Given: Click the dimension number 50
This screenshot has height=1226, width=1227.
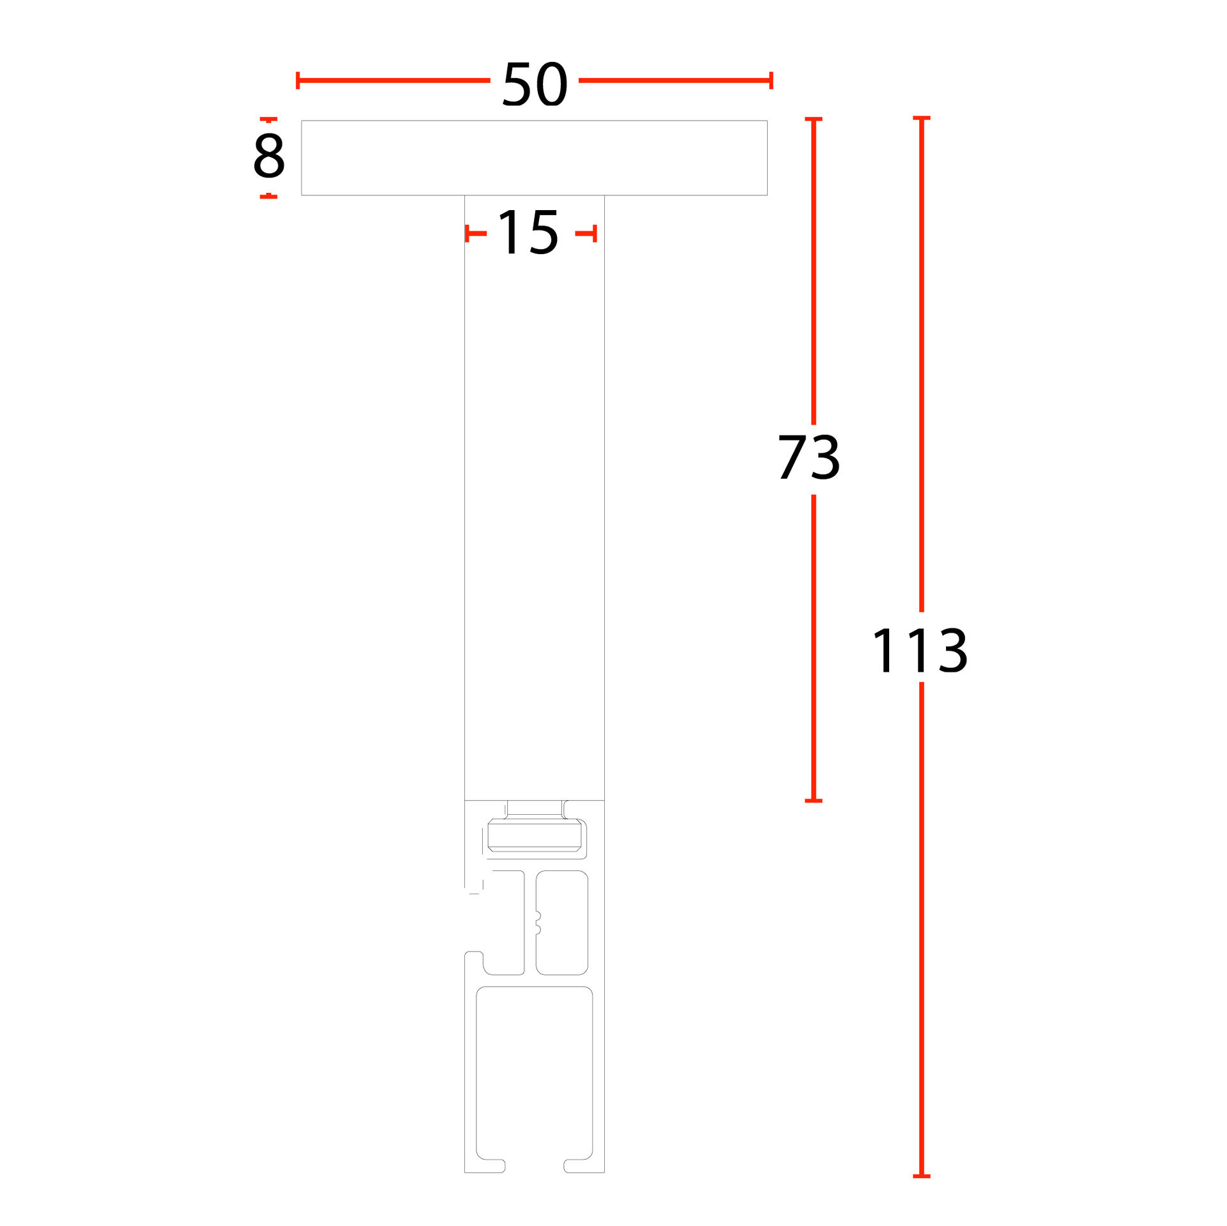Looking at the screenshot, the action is pos(535,84).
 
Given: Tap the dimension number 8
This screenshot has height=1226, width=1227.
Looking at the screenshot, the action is pos(269,156).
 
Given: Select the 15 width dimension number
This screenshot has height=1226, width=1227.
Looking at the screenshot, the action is pos(528,233).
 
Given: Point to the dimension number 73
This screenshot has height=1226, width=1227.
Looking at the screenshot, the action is pos(809,457).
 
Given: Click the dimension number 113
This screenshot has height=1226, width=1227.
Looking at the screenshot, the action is pos(920,650).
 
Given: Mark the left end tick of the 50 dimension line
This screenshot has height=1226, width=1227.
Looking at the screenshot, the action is pos(298,80).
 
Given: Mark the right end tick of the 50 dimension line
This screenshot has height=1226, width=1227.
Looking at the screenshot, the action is pos(772,80).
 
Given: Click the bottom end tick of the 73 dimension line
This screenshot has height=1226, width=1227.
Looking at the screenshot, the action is pos(813,800).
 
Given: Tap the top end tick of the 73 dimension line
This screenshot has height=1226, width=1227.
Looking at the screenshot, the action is pos(813,119).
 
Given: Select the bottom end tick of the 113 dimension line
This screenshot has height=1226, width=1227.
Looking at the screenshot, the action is pos(921,1176).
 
